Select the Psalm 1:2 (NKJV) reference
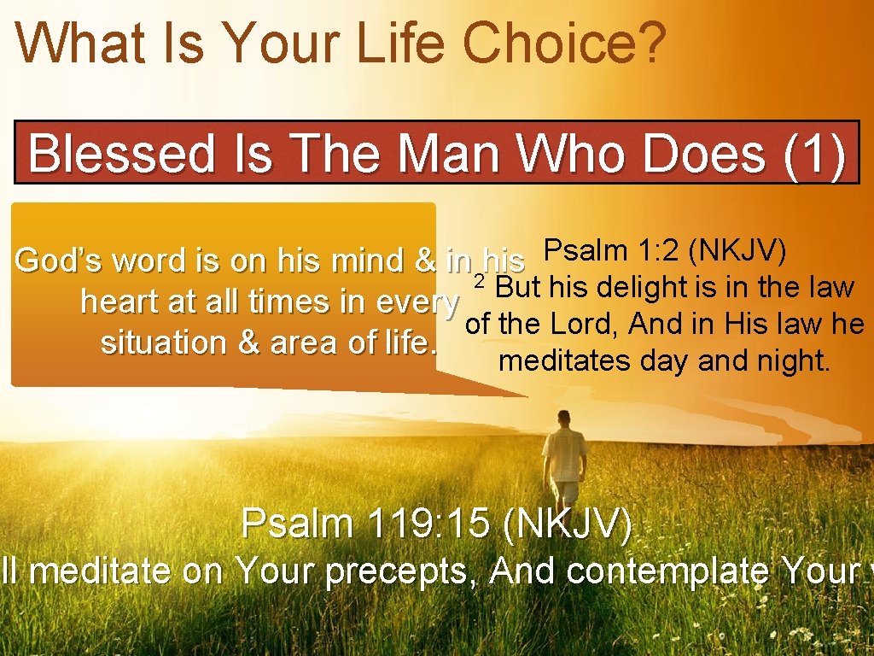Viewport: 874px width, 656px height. [x=666, y=251]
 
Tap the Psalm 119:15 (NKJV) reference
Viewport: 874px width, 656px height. [x=437, y=524]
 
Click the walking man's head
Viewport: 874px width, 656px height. [x=564, y=418]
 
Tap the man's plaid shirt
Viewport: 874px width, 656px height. [x=564, y=453]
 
